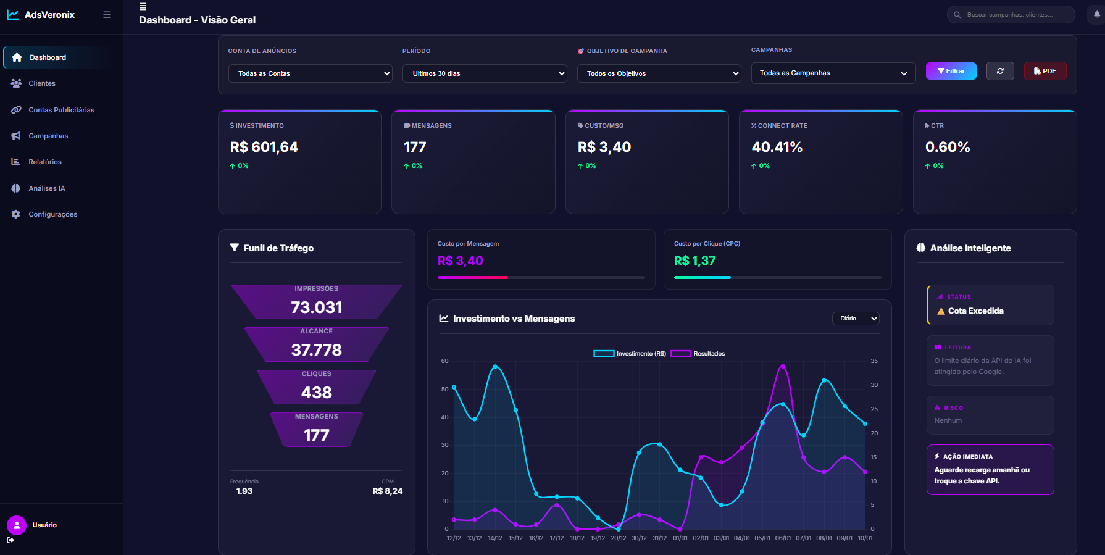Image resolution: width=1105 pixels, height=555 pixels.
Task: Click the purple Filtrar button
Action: click(951, 71)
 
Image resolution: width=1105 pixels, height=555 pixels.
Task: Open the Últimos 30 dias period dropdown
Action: click(485, 73)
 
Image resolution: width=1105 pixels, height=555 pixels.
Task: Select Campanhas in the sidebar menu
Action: click(48, 136)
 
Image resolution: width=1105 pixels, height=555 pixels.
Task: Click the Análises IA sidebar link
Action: click(46, 188)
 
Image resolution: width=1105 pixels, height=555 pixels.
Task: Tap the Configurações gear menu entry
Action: click(52, 214)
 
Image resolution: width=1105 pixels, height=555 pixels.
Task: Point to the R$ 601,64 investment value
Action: click(264, 147)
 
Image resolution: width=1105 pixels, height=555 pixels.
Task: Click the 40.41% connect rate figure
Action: click(777, 147)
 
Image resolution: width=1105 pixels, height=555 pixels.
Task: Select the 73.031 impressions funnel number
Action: click(316, 307)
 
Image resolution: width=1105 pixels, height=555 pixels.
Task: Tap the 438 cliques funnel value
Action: click(316, 392)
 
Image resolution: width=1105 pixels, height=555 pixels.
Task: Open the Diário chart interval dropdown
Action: click(856, 319)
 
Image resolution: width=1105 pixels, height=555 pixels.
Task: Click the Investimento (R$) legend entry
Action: click(630, 354)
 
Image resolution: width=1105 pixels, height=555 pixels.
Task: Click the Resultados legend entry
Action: click(698, 354)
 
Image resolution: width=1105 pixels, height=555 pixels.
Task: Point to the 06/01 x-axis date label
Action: click(783, 538)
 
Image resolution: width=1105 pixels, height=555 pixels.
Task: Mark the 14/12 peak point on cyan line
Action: click(495, 367)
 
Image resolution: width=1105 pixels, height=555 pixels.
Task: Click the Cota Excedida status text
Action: click(975, 311)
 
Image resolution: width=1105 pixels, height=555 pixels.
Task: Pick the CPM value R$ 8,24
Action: click(387, 491)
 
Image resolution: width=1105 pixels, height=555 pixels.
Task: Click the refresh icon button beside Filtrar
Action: click(1000, 71)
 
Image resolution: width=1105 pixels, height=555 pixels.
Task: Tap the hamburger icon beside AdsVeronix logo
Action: click(107, 15)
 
